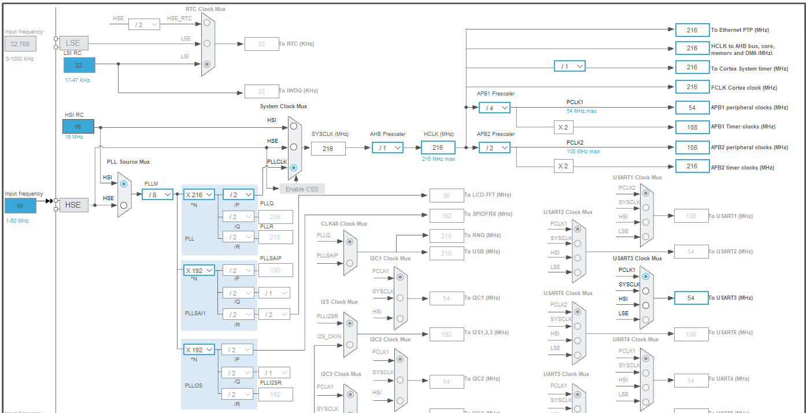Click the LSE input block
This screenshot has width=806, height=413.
[73, 43]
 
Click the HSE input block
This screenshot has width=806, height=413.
[73, 205]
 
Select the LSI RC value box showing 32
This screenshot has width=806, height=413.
[79, 65]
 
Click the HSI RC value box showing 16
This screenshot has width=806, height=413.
[77, 127]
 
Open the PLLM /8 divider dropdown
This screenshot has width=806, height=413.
[157, 194]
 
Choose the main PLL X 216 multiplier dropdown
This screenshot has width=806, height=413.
[199, 195]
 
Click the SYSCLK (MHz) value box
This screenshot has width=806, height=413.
[328, 148]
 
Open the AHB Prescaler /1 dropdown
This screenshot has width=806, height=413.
[387, 148]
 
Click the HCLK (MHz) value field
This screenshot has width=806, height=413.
[438, 147]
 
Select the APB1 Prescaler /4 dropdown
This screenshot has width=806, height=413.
[494, 108]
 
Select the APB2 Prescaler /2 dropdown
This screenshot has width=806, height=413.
[494, 148]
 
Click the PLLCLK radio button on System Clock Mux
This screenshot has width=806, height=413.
[294, 168]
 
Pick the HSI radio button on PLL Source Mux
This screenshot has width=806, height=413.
[123, 183]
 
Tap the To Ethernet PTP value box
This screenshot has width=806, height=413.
[692, 30]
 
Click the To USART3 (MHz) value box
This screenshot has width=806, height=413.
[691, 298]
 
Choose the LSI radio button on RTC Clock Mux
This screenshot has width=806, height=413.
[207, 64]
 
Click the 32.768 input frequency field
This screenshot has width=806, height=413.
[21, 43]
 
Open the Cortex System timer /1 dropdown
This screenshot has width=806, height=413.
[569, 67]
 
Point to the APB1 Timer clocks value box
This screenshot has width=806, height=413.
[692, 127]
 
